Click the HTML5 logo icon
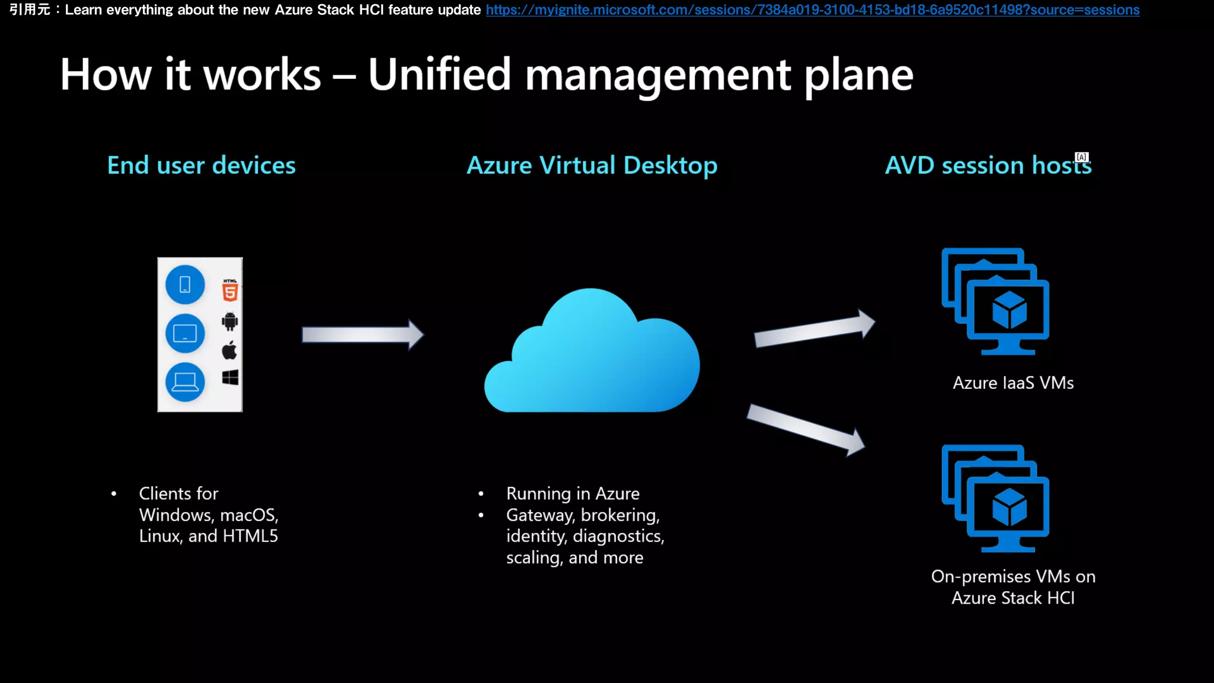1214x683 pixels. click(230, 290)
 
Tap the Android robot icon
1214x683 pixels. click(229, 321)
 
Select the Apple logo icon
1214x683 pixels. click(229, 350)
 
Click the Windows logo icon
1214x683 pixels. click(230, 378)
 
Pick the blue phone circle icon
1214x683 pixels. click(185, 285)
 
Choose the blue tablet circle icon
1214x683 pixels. click(185, 333)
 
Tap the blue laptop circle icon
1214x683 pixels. click(185, 382)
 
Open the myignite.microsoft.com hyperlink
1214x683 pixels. click(812, 10)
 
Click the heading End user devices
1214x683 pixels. click(202, 165)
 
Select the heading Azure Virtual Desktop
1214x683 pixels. click(592, 165)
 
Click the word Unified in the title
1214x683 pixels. click(439, 75)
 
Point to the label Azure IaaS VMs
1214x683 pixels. click(1013, 383)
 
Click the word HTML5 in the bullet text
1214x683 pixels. click(250, 536)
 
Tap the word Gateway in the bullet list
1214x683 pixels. click(541, 515)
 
